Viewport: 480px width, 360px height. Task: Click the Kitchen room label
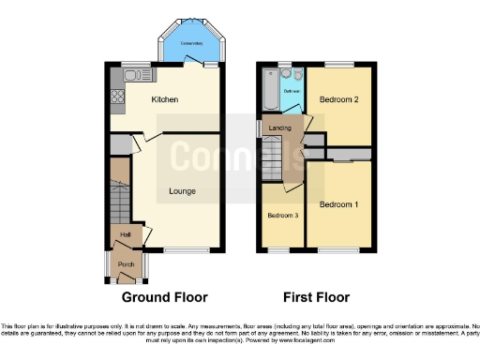click(x=165, y=98)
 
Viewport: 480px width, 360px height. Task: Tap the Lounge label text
click(x=182, y=191)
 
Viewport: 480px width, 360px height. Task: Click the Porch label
click(x=126, y=264)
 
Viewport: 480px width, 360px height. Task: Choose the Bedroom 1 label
click(x=338, y=203)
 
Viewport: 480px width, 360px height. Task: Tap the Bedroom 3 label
click(x=284, y=216)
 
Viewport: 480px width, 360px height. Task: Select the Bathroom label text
click(x=292, y=91)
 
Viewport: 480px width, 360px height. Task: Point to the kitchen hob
click(x=116, y=94)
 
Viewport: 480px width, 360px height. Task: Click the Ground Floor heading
click(x=165, y=297)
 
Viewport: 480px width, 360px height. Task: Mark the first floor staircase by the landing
click(x=273, y=155)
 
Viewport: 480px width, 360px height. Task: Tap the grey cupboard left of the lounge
click(x=119, y=145)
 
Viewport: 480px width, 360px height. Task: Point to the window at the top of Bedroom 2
click(x=338, y=65)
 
